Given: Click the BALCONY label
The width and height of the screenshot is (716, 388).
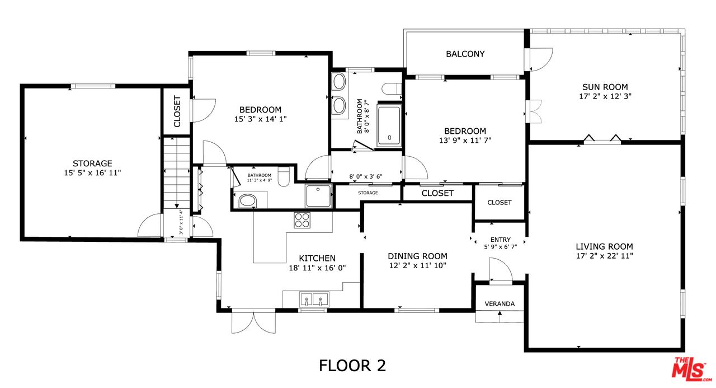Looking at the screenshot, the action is click(x=465, y=54).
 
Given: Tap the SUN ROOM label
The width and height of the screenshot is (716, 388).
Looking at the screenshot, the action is click(x=605, y=87).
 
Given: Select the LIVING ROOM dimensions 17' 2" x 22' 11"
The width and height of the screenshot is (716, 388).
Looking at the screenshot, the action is click(x=605, y=256).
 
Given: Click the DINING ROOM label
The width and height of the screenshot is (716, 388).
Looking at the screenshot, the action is click(x=417, y=256).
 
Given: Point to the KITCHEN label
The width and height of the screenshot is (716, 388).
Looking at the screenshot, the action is click(x=317, y=258).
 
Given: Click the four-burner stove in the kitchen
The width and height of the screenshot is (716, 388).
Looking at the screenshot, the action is click(x=302, y=220).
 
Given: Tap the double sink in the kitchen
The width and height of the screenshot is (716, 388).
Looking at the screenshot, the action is click(x=314, y=299).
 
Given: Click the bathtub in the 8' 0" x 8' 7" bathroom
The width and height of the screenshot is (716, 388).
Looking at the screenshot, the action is click(x=389, y=125).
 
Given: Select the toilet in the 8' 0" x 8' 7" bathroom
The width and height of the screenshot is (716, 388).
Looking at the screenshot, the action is click(x=392, y=88).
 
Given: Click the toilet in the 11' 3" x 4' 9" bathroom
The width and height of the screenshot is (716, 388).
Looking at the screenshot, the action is click(x=284, y=176).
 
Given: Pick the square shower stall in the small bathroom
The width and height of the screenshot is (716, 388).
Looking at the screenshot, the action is click(x=318, y=196).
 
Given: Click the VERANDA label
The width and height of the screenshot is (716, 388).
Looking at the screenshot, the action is click(x=500, y=304).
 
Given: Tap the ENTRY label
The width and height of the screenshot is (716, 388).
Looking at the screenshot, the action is click(x=501, y=240).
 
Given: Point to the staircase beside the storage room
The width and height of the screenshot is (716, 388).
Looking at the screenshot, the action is click(x=176, y=173).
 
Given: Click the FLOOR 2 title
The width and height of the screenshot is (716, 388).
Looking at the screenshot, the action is click(x=352, y=365).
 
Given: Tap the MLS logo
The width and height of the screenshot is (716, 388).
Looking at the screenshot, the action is click(x=691, y=369).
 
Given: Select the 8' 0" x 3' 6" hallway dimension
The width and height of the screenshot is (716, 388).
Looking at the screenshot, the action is click(x=366, y=176).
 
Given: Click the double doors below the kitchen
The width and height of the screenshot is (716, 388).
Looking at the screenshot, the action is click(x=253, y=321).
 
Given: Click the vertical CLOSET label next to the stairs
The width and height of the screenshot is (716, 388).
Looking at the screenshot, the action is click(x=177, y=111).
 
